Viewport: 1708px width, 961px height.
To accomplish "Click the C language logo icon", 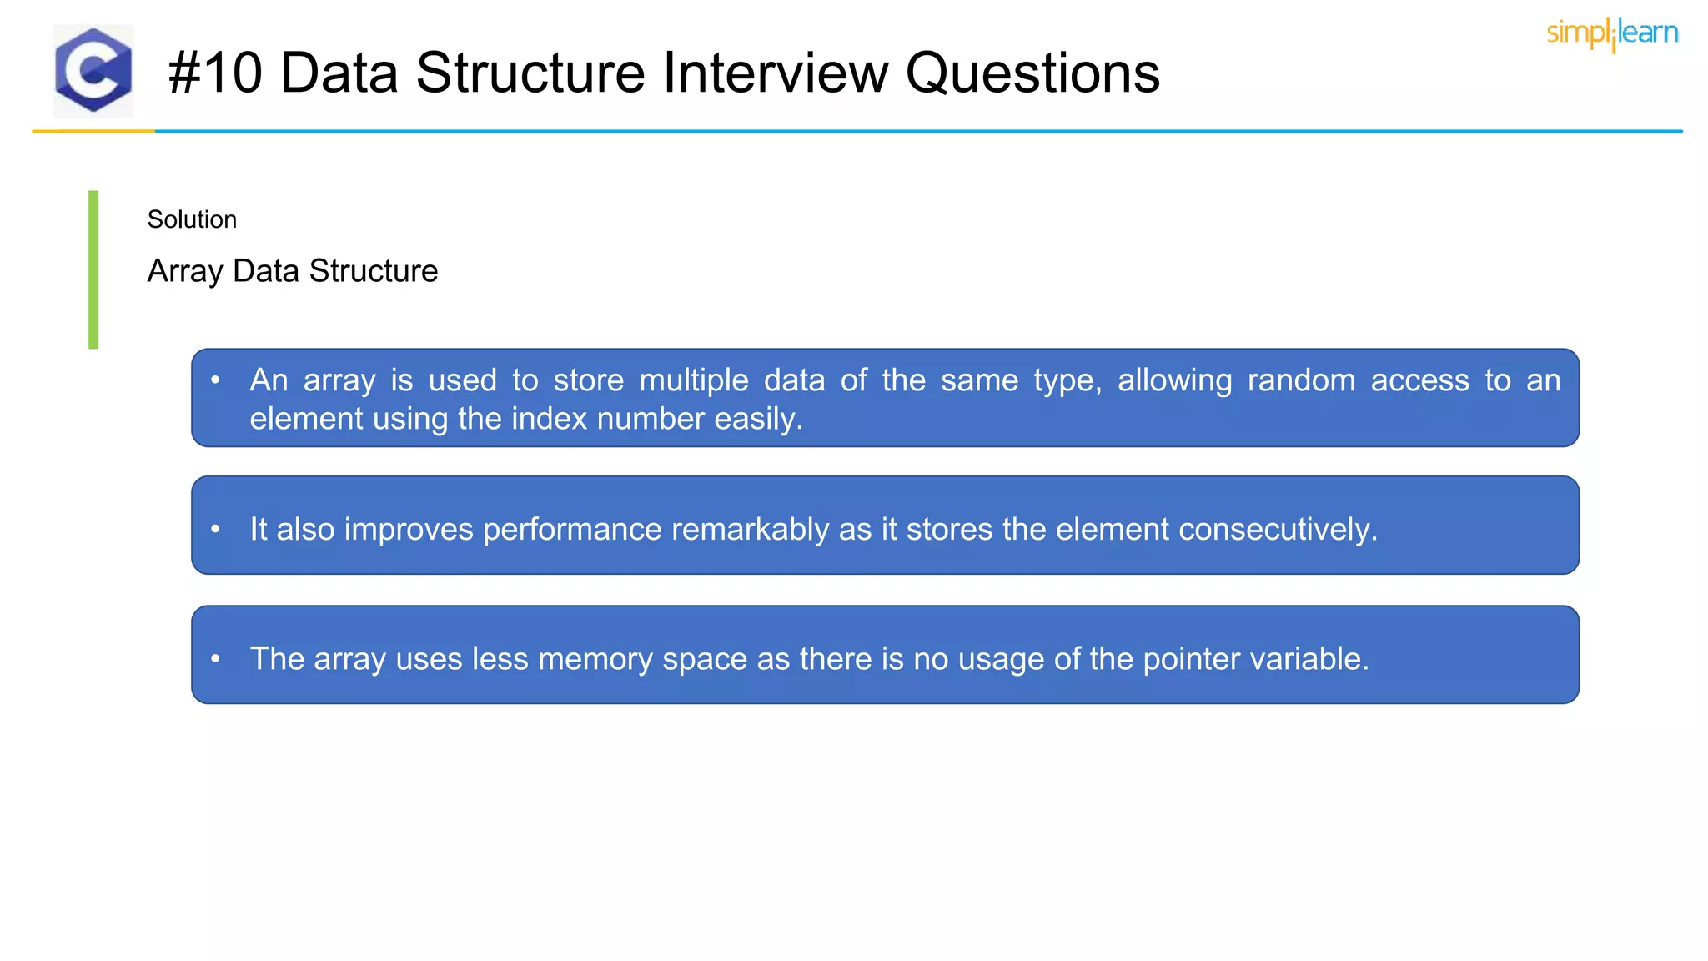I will (x=93, y=71).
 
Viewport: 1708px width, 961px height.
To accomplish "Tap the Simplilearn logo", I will (x=1612, y=33).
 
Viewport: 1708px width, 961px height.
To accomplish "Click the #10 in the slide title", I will (x=215, y=73).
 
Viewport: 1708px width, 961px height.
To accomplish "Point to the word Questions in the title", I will (x=1032, y=73).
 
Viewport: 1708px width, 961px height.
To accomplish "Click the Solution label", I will (x=192, y=219).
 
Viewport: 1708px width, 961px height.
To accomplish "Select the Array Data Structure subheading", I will (x=292, y=271).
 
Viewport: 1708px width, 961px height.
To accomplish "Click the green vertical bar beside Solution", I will (x=93, y=269).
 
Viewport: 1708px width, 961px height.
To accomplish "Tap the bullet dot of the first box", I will (x=215, y=380).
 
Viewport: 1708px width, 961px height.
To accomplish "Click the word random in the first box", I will (x=1301, y=380).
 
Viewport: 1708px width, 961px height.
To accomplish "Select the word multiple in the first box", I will (x=694, y=380).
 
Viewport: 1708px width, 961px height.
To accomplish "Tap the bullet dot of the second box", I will (x=215, y=529).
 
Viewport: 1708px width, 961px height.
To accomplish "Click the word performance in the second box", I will (x=571, y=530).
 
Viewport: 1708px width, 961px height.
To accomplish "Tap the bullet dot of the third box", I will (x=215, y=659).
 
